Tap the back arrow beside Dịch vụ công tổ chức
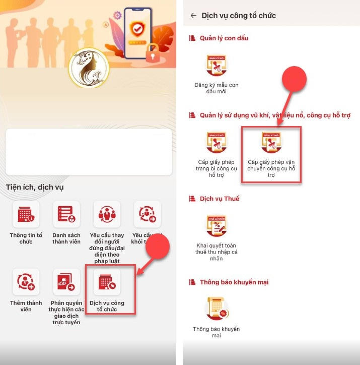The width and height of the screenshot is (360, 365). click(193, 16)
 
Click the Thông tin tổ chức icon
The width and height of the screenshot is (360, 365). click(26, 214)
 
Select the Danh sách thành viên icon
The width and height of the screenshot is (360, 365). click(66, 214)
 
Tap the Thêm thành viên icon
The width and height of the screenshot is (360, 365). click(26, 282)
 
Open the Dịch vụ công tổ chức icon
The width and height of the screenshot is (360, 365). click(107, 282)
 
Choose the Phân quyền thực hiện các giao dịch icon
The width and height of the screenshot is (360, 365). click(66, 282)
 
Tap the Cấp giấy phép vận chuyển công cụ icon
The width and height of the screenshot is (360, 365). click(271, 143)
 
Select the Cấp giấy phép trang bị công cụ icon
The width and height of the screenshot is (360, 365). click(217, 143)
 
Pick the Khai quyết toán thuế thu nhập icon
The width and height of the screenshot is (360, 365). click(217, 226)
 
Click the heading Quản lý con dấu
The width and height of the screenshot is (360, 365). click(224, 38)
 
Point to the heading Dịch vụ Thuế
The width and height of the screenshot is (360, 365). click(220, 198)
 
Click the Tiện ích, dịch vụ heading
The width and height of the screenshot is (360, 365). click(35, 187)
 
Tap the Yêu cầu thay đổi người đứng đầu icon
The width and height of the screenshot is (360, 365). click(107, 214)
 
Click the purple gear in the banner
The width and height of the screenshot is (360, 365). click(118, 15)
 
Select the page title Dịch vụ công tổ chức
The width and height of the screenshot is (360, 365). click(239, 16)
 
